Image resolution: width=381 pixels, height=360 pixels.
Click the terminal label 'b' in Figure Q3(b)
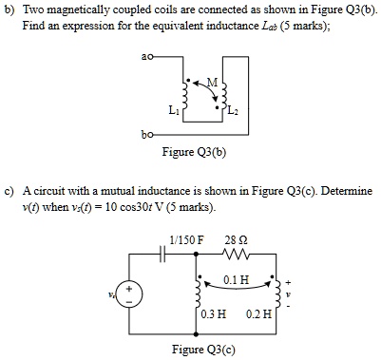[x=141, y=135]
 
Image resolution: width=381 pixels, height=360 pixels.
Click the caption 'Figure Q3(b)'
[x=192, y=152]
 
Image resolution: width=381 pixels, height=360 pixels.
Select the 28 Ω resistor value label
[x=236, y=238]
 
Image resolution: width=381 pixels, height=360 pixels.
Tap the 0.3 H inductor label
[x=213, y=314]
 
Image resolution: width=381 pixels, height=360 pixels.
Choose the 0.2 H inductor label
[x=257, y=314]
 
